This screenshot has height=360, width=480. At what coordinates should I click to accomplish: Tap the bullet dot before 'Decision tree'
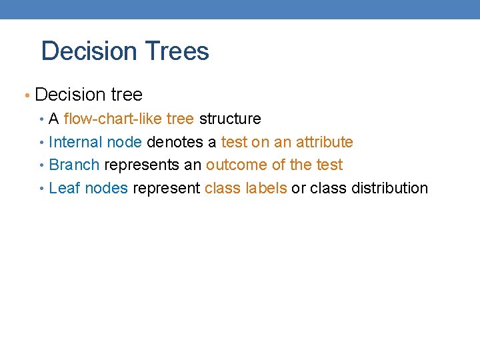[27, 95]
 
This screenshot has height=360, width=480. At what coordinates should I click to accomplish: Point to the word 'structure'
[230, 119]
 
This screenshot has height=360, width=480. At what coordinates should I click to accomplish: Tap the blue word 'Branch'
[74, 165]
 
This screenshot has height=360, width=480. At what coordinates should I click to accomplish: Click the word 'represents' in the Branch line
[142, 165]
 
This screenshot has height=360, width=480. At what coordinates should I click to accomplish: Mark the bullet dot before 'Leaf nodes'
[42, 189]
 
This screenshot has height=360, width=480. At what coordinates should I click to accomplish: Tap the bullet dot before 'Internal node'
[42, 143]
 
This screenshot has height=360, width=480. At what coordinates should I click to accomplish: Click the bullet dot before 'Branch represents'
[42, 165]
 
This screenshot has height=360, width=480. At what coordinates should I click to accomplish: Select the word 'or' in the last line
[299, 188]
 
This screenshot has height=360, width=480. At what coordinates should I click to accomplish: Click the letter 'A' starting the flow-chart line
[54, 119]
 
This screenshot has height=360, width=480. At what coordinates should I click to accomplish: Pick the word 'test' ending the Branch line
[329, 165]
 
